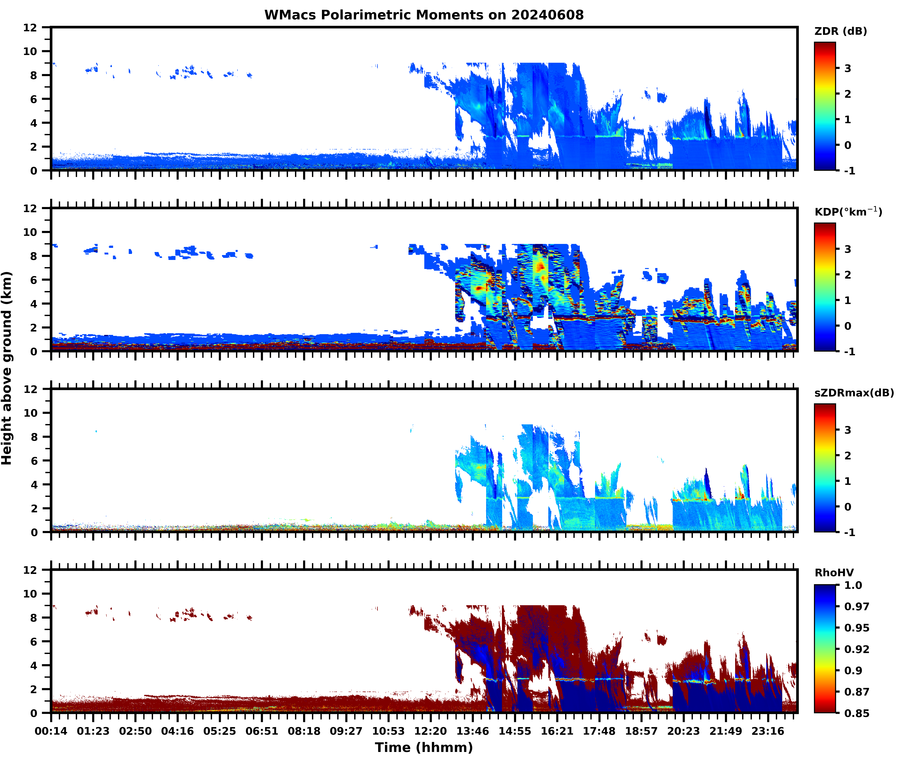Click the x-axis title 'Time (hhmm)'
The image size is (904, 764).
point(424,747)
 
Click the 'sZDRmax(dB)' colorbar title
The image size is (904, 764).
point(854,393)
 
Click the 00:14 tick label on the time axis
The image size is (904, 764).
point(51,731)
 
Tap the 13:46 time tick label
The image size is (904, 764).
point(472,731)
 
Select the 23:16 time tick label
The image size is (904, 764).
point(768,731)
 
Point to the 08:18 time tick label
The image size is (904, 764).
point(304,731)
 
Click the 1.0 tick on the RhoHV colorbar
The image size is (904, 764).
point(853,585)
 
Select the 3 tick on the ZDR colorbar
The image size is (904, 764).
point(848,68)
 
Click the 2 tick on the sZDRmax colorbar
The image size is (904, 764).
point(848,456)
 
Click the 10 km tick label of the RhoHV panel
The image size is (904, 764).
point(30,594)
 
